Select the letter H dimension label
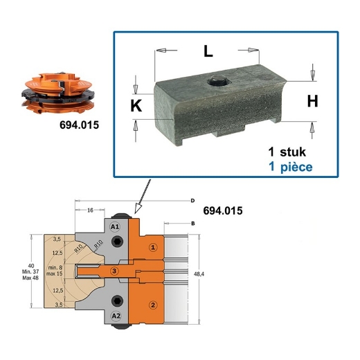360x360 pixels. (312, 101)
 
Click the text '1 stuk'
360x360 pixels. (287, 152)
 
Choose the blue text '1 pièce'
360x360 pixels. (290, 167)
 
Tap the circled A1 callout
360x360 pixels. (116, 226)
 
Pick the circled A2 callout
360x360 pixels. (116, 316)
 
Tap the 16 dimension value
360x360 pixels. (90, 210)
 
